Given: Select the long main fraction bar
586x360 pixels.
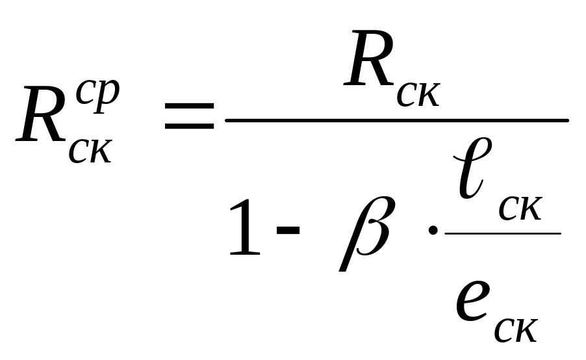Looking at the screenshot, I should [396, 120].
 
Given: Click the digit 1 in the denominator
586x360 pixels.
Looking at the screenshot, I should [245, 230].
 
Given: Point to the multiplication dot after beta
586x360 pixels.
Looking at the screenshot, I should [432, 232].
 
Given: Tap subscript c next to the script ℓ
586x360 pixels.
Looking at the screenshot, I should [509, 209].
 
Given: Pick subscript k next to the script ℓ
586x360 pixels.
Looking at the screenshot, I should [529, 209].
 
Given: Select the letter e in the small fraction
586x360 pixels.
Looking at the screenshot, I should [472, 301].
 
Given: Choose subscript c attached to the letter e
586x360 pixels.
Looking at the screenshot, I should [505, 330].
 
